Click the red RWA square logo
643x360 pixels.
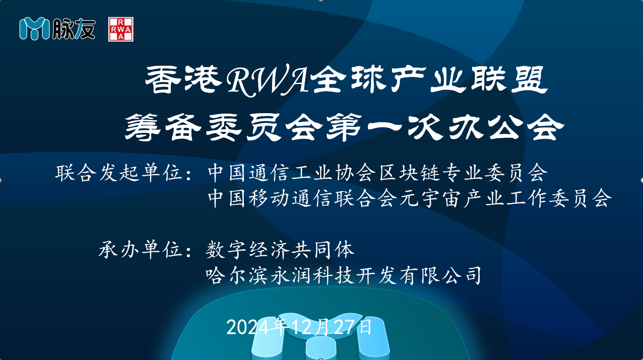121,29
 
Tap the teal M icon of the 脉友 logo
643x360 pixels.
34,29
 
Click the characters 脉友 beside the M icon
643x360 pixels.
74,29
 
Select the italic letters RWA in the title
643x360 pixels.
267,81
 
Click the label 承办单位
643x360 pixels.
141,250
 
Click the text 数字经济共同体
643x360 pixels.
280,250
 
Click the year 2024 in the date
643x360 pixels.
248,327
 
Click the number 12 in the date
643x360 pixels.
302,327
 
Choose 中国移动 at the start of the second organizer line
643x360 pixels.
248,199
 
